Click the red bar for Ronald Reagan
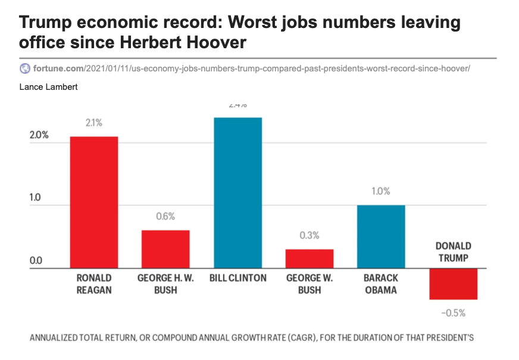(94, 202)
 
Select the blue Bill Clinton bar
(237, 193)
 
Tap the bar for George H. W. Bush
(165, 249)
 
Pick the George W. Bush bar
(309, 259)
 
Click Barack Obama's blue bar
(381, 237)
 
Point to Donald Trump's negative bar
(453, 284)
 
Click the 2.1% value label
(94, 123)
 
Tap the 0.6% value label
(165, 217)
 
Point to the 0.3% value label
(309, 236)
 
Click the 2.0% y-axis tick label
(39, 135)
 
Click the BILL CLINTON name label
(238, 278)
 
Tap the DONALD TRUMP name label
(454, 252)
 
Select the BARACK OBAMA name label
(381, 284)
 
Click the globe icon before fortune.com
(25, 68)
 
